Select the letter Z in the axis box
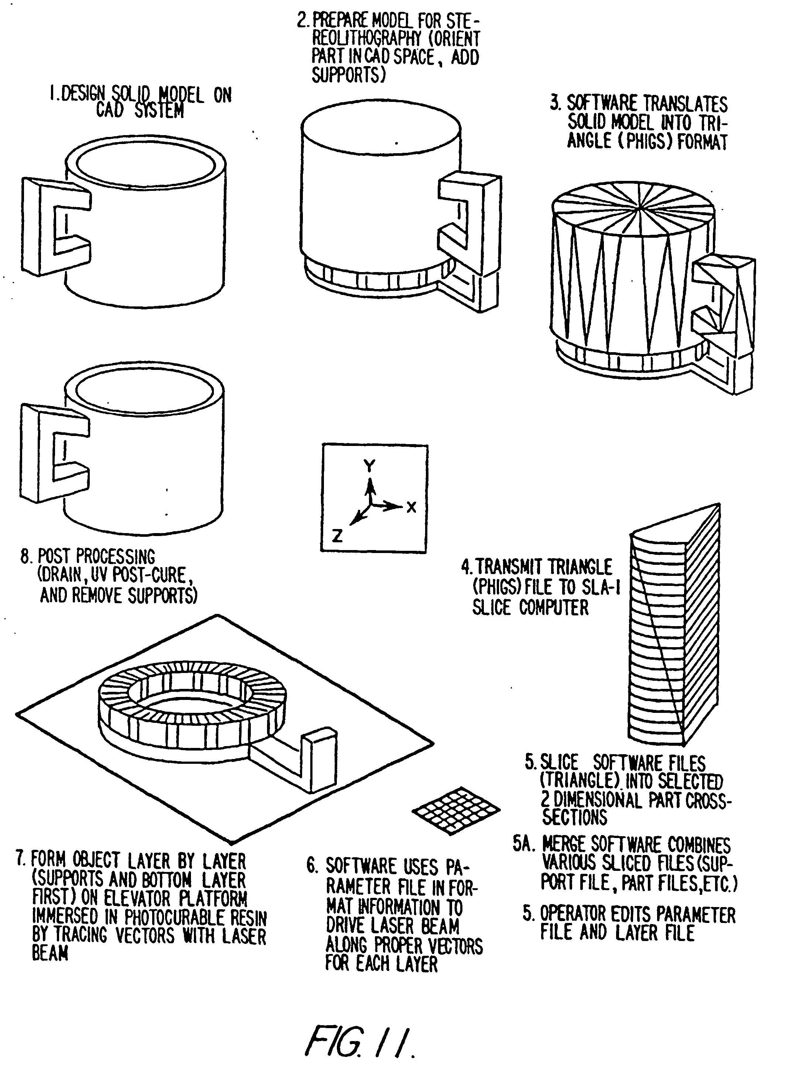pos(337,536)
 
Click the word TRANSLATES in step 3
pos(685,104)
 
